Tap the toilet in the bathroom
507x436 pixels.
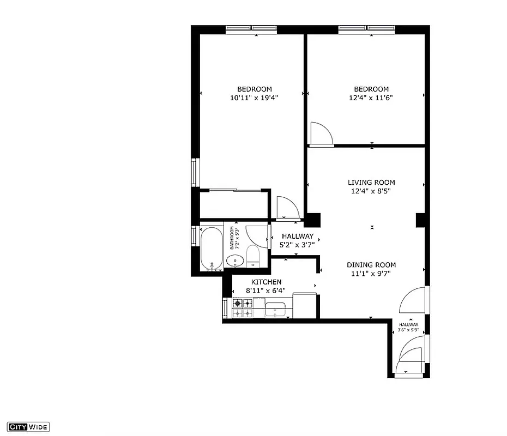[252, 256]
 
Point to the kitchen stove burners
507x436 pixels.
[243, 308]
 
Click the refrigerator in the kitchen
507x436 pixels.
[305, 306]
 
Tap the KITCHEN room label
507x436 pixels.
[267, 282]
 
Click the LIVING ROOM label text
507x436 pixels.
[371, 183]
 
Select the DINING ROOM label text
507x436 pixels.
[371, 265]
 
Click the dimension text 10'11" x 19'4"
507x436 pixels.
[255, 98]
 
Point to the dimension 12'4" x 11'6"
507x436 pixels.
[371, 98]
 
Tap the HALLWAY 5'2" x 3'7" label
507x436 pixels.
[297, 240]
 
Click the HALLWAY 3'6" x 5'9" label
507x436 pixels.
[408, 327]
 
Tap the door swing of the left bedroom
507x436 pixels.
[287, 207]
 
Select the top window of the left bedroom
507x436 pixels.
[249, 29]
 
